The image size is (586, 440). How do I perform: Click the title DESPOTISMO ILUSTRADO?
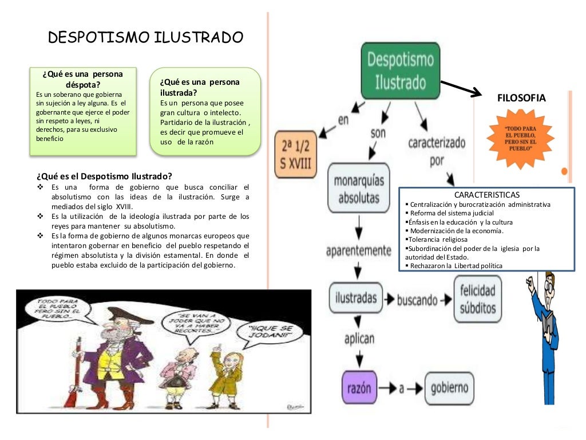[x=146, y=38]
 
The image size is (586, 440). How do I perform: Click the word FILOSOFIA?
[x=522, y=98]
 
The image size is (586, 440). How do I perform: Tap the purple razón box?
[x=359, y=387]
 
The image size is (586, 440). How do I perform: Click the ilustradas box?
[x=357, y=298]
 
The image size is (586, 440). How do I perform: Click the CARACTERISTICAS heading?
[x=487, y=195]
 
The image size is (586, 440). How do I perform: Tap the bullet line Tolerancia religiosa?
[x=436, y=239]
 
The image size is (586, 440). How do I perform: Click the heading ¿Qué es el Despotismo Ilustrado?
[x=104, y=175]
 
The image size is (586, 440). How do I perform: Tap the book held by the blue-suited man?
[x=548, y=325]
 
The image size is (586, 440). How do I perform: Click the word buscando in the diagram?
[x=418, y=300]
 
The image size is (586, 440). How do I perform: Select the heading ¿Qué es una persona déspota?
[x=82, y=80]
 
